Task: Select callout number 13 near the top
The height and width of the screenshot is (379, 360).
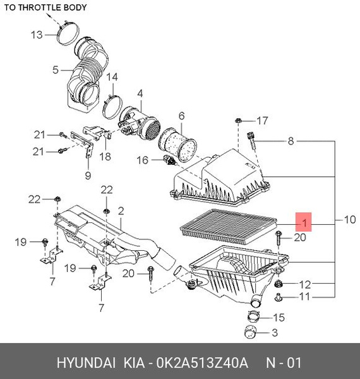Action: (38, 35)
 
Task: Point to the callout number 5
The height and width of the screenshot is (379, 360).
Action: (55, 69)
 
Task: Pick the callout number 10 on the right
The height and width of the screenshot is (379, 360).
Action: (349, 220)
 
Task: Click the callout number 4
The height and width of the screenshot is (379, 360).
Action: (140, 93)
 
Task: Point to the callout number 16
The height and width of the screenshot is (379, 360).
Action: (143, 161)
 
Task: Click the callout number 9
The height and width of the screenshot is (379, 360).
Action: (88, 175)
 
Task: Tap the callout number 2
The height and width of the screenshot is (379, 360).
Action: (120, 210)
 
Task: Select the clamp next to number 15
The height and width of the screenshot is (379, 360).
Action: (255, 317)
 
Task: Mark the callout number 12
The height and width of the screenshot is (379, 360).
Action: (305, 284)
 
